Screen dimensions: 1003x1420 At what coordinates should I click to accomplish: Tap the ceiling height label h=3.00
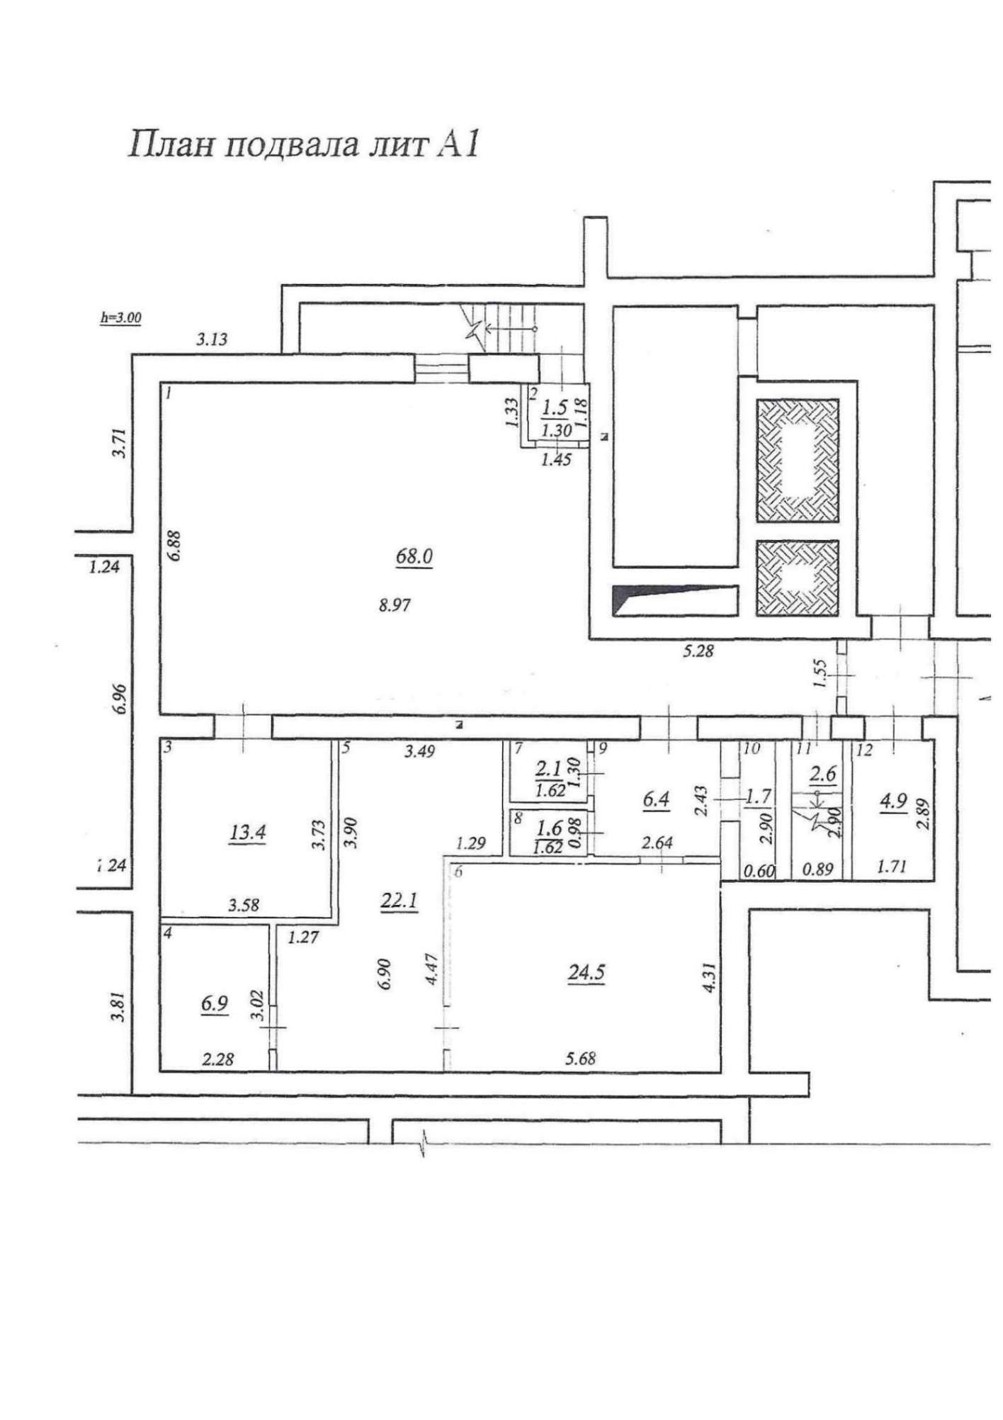(x=120, y=318)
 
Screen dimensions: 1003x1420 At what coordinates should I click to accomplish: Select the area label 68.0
(x=414, y=557)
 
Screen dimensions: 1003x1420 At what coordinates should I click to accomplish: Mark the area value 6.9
(x=215, y=1005)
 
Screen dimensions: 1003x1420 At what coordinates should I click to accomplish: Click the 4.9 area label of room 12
(x=893, y=801)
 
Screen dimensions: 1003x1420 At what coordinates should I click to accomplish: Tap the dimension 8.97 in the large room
(x=395, y=606)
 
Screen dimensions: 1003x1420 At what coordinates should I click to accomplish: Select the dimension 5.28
(x=698, y=650)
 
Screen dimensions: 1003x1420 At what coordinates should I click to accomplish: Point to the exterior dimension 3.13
(x=212, y=339)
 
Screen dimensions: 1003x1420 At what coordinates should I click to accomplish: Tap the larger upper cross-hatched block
(x=798, y=461)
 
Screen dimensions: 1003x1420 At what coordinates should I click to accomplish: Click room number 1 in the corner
(x=168, y=393)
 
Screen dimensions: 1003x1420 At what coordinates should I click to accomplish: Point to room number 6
(x=458, y=872)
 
